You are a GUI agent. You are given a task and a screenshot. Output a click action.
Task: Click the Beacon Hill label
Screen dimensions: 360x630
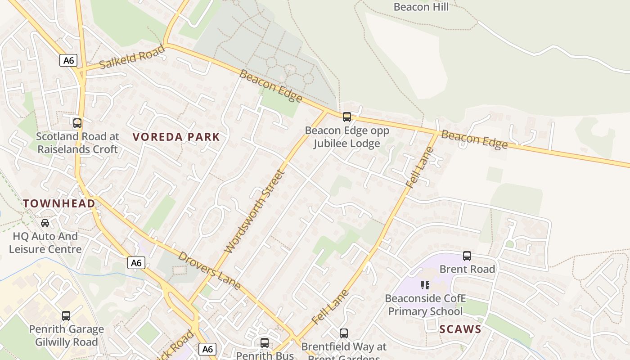tap(421, 7)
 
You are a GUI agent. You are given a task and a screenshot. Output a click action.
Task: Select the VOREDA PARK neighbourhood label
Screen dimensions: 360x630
tap(176, 137)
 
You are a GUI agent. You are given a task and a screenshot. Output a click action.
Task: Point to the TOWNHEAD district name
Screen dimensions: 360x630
tap(59, 203)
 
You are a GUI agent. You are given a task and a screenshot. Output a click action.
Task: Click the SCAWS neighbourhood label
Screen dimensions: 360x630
tap(460, 329)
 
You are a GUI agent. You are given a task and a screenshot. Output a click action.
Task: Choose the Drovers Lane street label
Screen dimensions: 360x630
tap(209, 271)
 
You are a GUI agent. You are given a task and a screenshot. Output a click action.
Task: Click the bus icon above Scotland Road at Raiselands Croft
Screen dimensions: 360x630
tap(77, 123)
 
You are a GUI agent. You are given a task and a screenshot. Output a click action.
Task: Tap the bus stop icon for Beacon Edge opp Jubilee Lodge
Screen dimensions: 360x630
tap(346, 117)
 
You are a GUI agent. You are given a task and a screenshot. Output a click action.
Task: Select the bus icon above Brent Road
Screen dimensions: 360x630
tap(467, 256)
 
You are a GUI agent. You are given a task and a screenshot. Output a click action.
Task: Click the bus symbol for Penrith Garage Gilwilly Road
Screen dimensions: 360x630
tap(66, 316)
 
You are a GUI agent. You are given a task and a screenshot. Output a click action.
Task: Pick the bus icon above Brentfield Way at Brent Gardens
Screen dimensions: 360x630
tap(344, 333)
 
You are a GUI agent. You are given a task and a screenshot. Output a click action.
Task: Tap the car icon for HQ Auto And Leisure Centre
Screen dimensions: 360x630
tap(45, 223)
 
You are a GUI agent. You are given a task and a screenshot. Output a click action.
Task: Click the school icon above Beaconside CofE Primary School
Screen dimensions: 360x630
tap(425, 285)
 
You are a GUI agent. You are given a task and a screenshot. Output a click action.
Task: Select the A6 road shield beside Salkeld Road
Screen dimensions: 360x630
tap(68, 60)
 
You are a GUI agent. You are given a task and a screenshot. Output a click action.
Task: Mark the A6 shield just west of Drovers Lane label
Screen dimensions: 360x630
tap(136, 263)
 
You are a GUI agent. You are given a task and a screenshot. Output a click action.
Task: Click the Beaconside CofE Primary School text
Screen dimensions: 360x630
tap(425, 305)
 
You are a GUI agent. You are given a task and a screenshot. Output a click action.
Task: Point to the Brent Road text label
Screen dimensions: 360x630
tap(467, 269)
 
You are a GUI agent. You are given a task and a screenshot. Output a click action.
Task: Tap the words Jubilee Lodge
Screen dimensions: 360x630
tap(346, 144)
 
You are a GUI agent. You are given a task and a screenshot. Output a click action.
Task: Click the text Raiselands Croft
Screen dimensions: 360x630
tap(77, 149)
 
